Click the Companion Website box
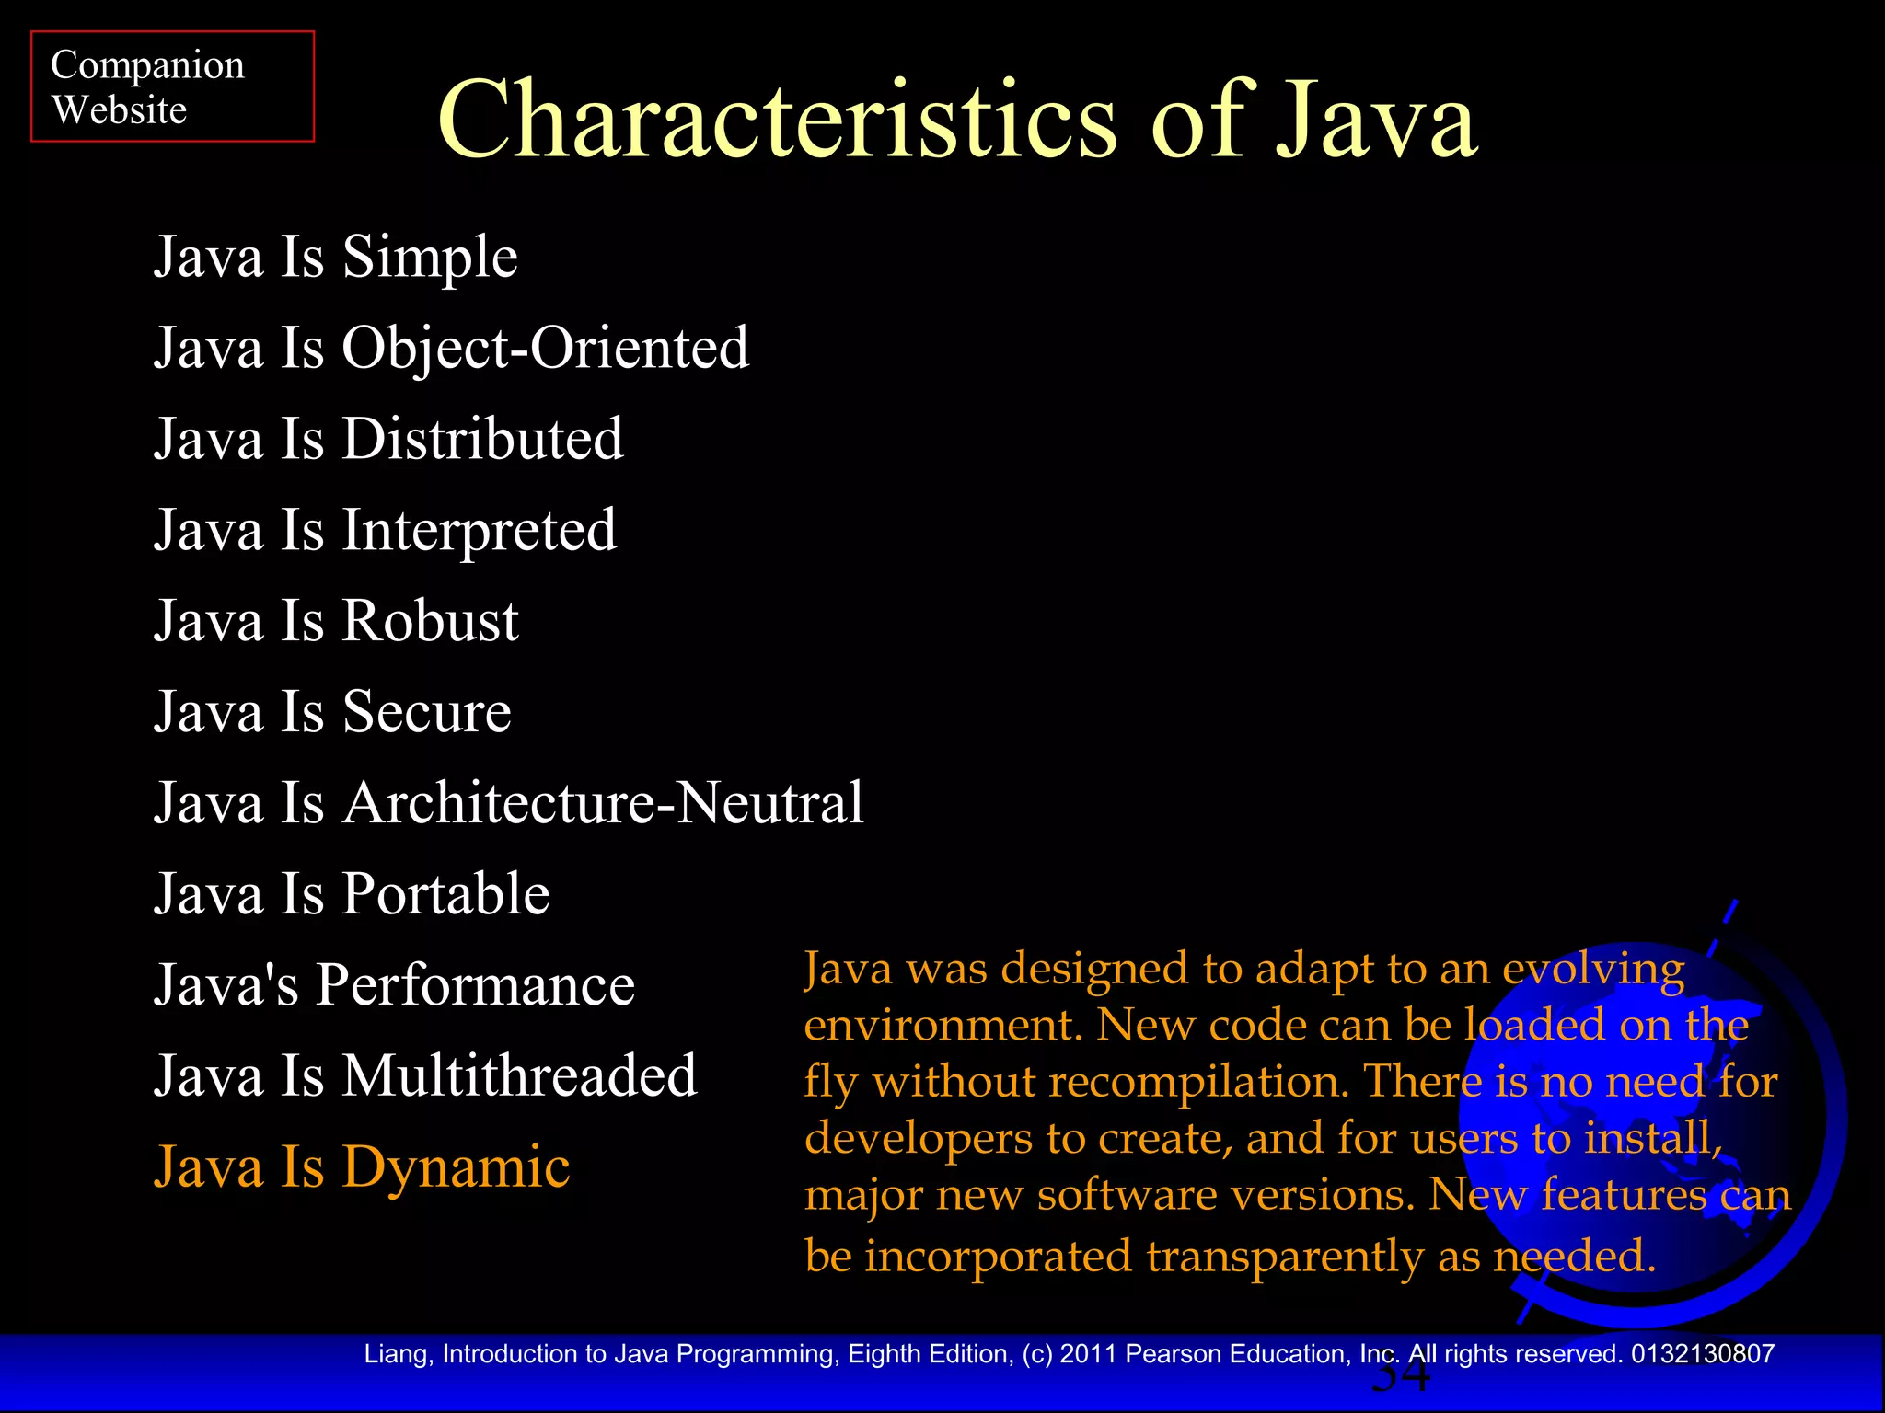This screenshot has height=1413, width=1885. pyautogui.click(x=172, y=86)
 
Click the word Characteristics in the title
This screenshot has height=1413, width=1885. pyautogui.click(x=776, y=120)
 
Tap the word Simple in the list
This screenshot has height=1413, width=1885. pyautogui.click(x=430, y=258)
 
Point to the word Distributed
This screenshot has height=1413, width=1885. pyautogui.click(x=482, y=439)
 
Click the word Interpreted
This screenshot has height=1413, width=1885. pyautogui.click(x=479, y=531)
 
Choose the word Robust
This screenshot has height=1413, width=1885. pyautogui.click(x=430, y=621)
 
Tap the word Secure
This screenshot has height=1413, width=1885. pyautogui.click(x=426, y=712)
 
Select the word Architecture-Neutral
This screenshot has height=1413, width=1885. pyautogui.click(x=603, y=803)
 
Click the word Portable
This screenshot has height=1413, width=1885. pyautogui.click(x=445, y=894)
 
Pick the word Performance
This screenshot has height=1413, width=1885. pyautogui.click(x=475, y=985)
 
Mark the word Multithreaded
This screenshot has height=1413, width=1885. pyautogui.click(x=519, y=1076)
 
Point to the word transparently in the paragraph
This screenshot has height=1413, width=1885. pyautogui.click(x=1281, y=1257)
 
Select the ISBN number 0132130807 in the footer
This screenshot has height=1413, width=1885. pyautogui.click(x=1702, y=1354)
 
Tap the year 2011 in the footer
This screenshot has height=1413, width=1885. pyautogui.click(x=1088, y=1354)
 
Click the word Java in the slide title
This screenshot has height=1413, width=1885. pyautogui.click(x=1375, y=120)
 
